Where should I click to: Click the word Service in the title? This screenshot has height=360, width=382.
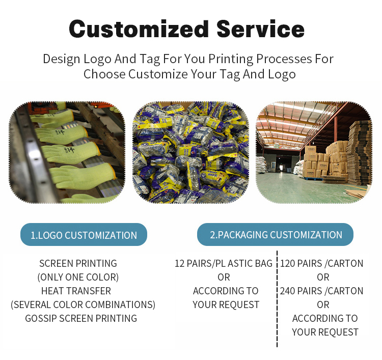tap(261, 29)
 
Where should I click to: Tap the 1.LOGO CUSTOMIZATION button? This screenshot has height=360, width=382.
tap(84, 235)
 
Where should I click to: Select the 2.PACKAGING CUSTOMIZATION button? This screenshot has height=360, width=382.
tap(276, 235)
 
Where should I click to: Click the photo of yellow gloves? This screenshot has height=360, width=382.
tap(67, 153)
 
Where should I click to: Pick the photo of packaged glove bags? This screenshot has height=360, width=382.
tap(190, 153)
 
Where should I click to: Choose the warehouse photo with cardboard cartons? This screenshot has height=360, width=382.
tap(314, 153)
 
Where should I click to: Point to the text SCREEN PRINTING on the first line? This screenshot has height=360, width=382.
tap(78, 264)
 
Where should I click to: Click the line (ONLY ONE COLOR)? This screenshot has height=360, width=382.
tap(78, 278)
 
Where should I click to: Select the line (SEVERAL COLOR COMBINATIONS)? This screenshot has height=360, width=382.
tap(83, 305)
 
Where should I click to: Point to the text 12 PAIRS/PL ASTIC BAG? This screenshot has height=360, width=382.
tap(224, 264)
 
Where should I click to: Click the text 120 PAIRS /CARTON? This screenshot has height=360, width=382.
tap(322, 264)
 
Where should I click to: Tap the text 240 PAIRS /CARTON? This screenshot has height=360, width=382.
tap(322, 291)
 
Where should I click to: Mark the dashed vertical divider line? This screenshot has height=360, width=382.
tap(277, 300)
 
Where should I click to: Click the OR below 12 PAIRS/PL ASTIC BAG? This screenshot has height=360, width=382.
tap(224, 278)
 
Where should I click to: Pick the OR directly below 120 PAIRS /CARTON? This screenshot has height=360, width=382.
tap(323, 278)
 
